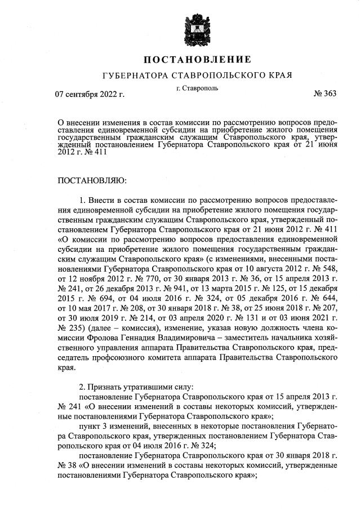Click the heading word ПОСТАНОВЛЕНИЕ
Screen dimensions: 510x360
pos(197,59)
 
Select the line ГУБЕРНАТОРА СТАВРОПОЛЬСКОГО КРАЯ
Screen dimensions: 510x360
pos(197,75)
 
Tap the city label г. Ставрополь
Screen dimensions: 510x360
pos(197,88)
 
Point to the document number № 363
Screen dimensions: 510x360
pos(325,94)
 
